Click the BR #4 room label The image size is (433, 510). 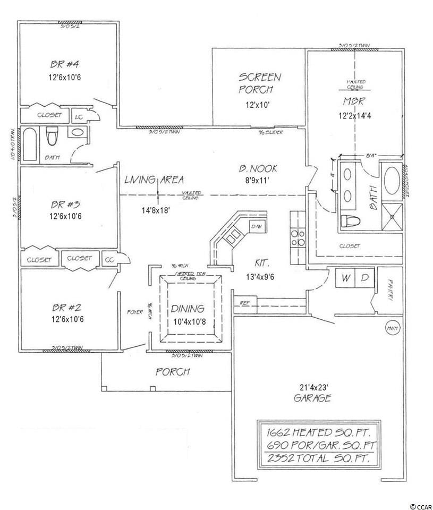[x=59, y=65]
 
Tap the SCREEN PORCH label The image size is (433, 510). [x=259, y=83]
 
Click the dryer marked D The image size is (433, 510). [x=364, y=278]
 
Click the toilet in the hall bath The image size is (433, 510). [x=52, y=137]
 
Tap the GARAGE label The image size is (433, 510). [x=315, y=398]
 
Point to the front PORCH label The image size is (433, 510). [x=173, y=372]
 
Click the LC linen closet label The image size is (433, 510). [x=78, y=115]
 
